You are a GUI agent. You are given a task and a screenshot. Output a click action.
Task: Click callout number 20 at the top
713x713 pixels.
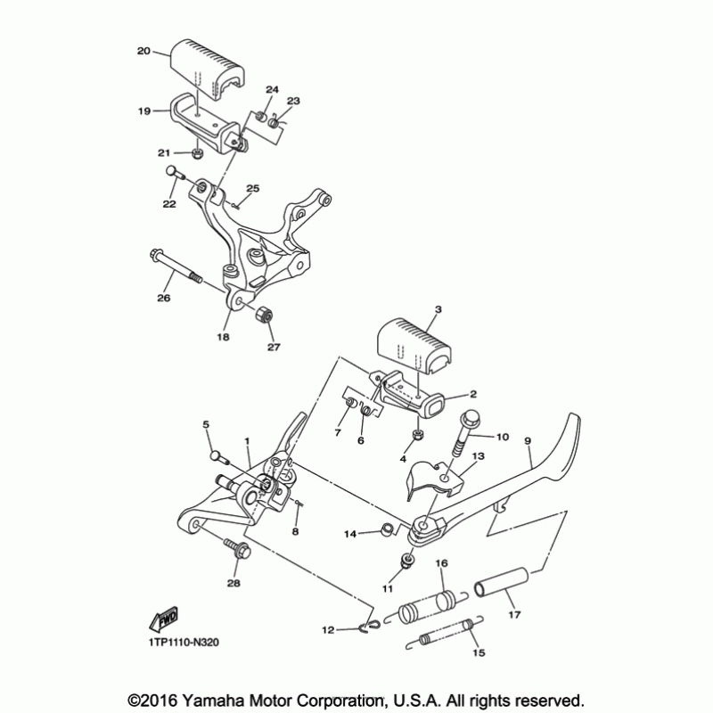(143, 52)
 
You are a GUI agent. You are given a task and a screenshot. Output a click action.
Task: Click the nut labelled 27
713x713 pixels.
(265, 316)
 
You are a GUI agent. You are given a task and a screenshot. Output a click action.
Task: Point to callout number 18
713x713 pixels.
(222, 337)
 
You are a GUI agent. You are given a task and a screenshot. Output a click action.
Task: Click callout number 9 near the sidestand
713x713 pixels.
(527, 440)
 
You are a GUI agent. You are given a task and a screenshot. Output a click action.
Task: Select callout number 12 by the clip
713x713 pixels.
(327, 630)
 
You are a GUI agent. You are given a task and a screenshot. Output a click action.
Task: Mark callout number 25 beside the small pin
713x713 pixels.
(253, 188)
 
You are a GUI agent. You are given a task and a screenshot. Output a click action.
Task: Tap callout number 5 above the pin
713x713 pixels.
(206, 425)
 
